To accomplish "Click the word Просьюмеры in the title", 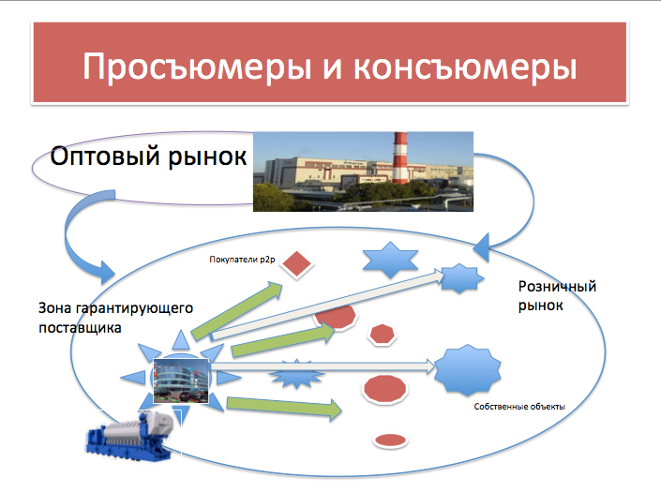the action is [x=197, y=67].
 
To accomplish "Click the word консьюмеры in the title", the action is [x=465, y=67].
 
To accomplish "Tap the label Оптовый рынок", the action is [x=148, y=156].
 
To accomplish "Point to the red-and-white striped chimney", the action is [x=399, y=158].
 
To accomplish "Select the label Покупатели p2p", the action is [x=242, y=260].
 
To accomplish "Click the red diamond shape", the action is [x=297, y=264].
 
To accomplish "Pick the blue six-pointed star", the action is [x=390, y=260].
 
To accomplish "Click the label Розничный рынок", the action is [x=557, y=296].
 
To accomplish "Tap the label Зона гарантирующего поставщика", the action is [x=115, y=318].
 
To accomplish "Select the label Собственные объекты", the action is [x=519, y=407].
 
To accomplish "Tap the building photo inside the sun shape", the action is [x=181, y=380].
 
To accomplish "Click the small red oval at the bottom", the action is [x=390, y=440].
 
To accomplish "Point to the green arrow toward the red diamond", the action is [x=237, y=310].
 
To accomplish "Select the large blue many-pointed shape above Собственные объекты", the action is [x=468, y=370].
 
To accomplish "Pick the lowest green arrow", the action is [x=284, y=408].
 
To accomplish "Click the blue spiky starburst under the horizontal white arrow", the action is [x=297, y=374].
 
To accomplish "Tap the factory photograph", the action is [x=363, y=171].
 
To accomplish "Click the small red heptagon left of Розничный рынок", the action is [x=382, y=335].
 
